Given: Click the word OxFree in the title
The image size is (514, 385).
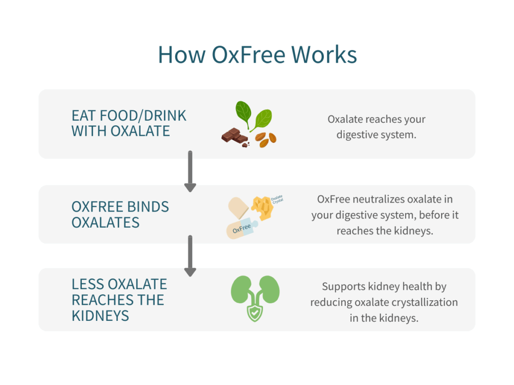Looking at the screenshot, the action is click(x=248, y=55).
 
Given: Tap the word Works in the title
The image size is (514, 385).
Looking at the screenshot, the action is click(x=324, y=55).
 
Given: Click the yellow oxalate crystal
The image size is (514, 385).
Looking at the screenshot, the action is click(x=262, y=208).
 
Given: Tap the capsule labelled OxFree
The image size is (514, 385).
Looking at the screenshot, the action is click(x=242, y=228).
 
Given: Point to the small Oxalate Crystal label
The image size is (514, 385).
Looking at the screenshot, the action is click(x=277, y=200).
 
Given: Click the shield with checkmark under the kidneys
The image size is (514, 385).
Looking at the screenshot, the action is click(x=254, y=313).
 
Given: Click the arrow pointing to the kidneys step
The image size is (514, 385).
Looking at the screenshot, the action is click(x=190, y=256).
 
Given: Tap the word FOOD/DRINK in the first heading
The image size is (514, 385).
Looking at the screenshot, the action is click(x=143, y=116).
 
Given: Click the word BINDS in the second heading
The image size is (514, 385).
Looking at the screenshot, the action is click(x=148, y=207).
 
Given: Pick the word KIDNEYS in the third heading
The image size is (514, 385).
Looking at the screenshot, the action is click(x=100, y=316).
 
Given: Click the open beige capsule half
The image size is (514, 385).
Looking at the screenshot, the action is click(x=238, y=208).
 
